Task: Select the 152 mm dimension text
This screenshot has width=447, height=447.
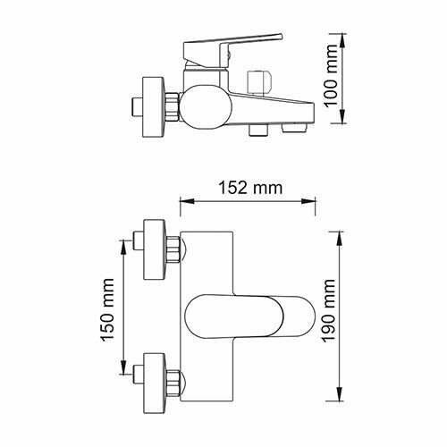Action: click(251, 188)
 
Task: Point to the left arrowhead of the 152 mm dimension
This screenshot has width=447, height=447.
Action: click(183, 201)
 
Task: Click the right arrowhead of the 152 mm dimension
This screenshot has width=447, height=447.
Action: click(316, 201)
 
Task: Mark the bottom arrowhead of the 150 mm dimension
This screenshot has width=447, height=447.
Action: click(123, 371)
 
